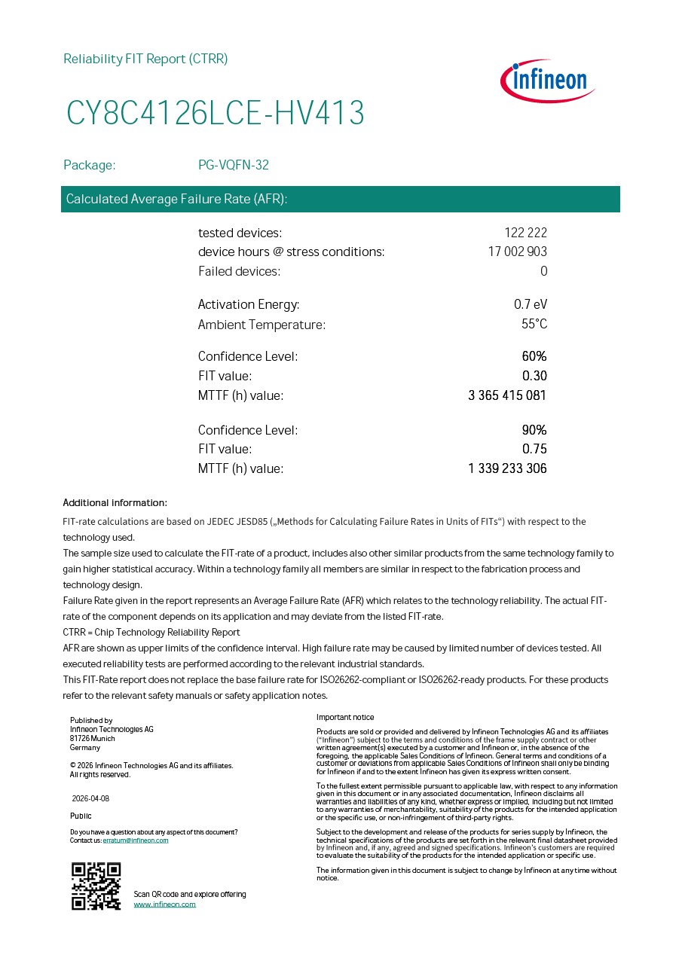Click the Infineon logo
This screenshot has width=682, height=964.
coord(547,81)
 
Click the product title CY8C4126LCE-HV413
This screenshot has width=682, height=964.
coord(216,113)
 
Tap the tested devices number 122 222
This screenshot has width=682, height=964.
coord(525,233)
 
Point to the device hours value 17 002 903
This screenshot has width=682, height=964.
coord(517,252)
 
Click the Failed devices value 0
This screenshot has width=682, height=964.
coord(543,271)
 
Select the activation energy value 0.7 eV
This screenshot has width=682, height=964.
coord(531,304)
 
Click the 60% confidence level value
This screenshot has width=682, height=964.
coord(534,356)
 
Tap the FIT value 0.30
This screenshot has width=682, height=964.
coord(534,376)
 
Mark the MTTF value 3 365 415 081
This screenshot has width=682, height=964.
coord(507,395)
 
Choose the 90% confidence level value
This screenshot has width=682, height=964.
coord(534,430)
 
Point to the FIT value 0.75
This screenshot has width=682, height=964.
coord(534,449)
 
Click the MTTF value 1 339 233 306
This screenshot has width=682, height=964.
coord(507,468)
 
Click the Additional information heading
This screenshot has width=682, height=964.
coord(115,502)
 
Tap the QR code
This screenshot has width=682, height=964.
coord(96,886)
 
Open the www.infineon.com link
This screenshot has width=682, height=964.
coord(164,904)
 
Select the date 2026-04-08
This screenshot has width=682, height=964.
coord(90,798)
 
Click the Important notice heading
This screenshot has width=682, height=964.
coord(345,717)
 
